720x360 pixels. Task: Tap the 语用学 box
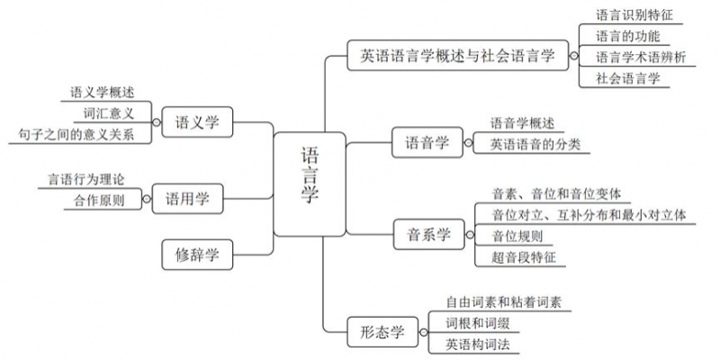point(188,199)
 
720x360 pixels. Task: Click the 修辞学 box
point(197,255)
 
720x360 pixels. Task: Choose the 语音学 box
point(427,141)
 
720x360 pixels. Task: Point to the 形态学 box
point(377,332)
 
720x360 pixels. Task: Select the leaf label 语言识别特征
point(634,14)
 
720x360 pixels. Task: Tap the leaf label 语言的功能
point(627,36)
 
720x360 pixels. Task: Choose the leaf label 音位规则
point(517,237)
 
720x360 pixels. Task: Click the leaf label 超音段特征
point(523,258)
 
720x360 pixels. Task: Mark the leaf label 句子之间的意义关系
point(76,135)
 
